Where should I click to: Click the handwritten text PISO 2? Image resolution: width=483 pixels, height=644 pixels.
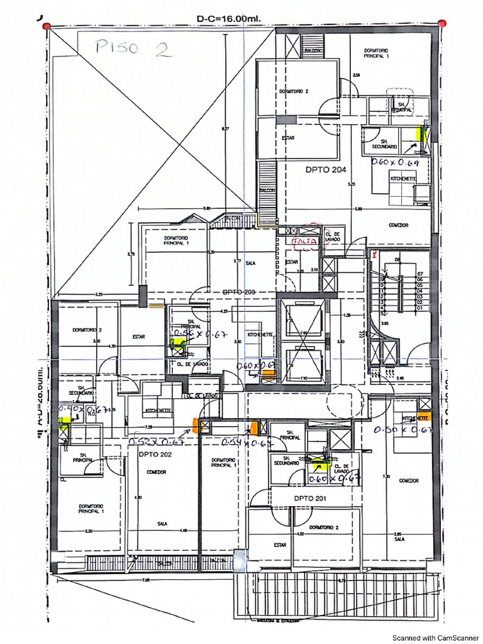pos(132,49)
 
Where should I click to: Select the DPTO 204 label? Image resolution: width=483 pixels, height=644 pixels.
pos(326,169)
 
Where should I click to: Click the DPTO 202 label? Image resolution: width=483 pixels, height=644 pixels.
pos(155,454)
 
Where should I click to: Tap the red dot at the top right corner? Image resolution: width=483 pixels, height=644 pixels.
pos(442,23)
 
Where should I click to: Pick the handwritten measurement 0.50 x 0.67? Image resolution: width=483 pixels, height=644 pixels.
pos(402,430)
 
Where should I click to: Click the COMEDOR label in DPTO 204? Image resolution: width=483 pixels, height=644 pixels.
pos(398,225)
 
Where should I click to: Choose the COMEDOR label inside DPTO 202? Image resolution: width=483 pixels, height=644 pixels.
pos(156,472)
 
